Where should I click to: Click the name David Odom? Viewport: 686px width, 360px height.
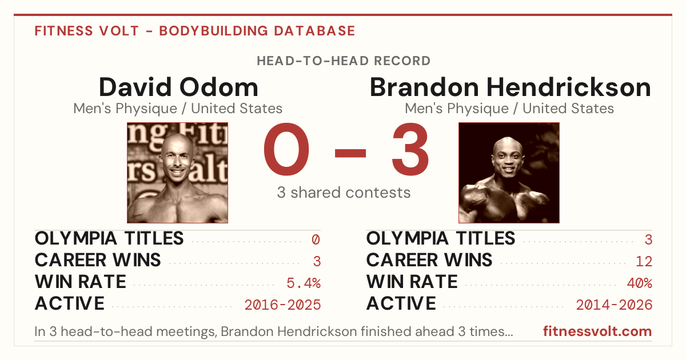coord(178,87)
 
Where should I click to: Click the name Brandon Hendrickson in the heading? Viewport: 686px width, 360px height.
coord(510,87)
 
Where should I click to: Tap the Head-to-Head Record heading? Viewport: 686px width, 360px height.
coord(344,61)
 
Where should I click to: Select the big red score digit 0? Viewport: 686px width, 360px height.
coord(286,149)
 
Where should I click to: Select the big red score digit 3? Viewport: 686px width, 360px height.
coord(410,149)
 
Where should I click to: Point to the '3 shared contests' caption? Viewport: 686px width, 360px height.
coord(344,193)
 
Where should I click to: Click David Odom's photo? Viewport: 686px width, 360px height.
coord(178,173)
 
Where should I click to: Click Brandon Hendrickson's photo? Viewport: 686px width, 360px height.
coord(509,173)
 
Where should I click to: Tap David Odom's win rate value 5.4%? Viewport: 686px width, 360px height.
coord(304,283)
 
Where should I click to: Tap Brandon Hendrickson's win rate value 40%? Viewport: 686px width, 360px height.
coord(640,283)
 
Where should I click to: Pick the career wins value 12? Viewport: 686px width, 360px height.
coord(644,261)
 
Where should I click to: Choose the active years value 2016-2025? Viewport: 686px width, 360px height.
coord(282,305)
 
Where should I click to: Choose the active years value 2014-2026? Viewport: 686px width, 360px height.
coord(614,305)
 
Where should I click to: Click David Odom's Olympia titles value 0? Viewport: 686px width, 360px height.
coord(316,239)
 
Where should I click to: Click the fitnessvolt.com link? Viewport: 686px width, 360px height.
coord(597,331)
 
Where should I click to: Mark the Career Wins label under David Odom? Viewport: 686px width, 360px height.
coord(98,260)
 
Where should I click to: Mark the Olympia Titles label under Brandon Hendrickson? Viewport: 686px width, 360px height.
coord(441,238)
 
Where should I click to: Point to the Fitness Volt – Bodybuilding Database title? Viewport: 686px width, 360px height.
coord(195,31)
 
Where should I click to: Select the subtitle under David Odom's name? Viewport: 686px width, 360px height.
coord(178,109)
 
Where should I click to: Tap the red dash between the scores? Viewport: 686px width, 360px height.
coord(350,153)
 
